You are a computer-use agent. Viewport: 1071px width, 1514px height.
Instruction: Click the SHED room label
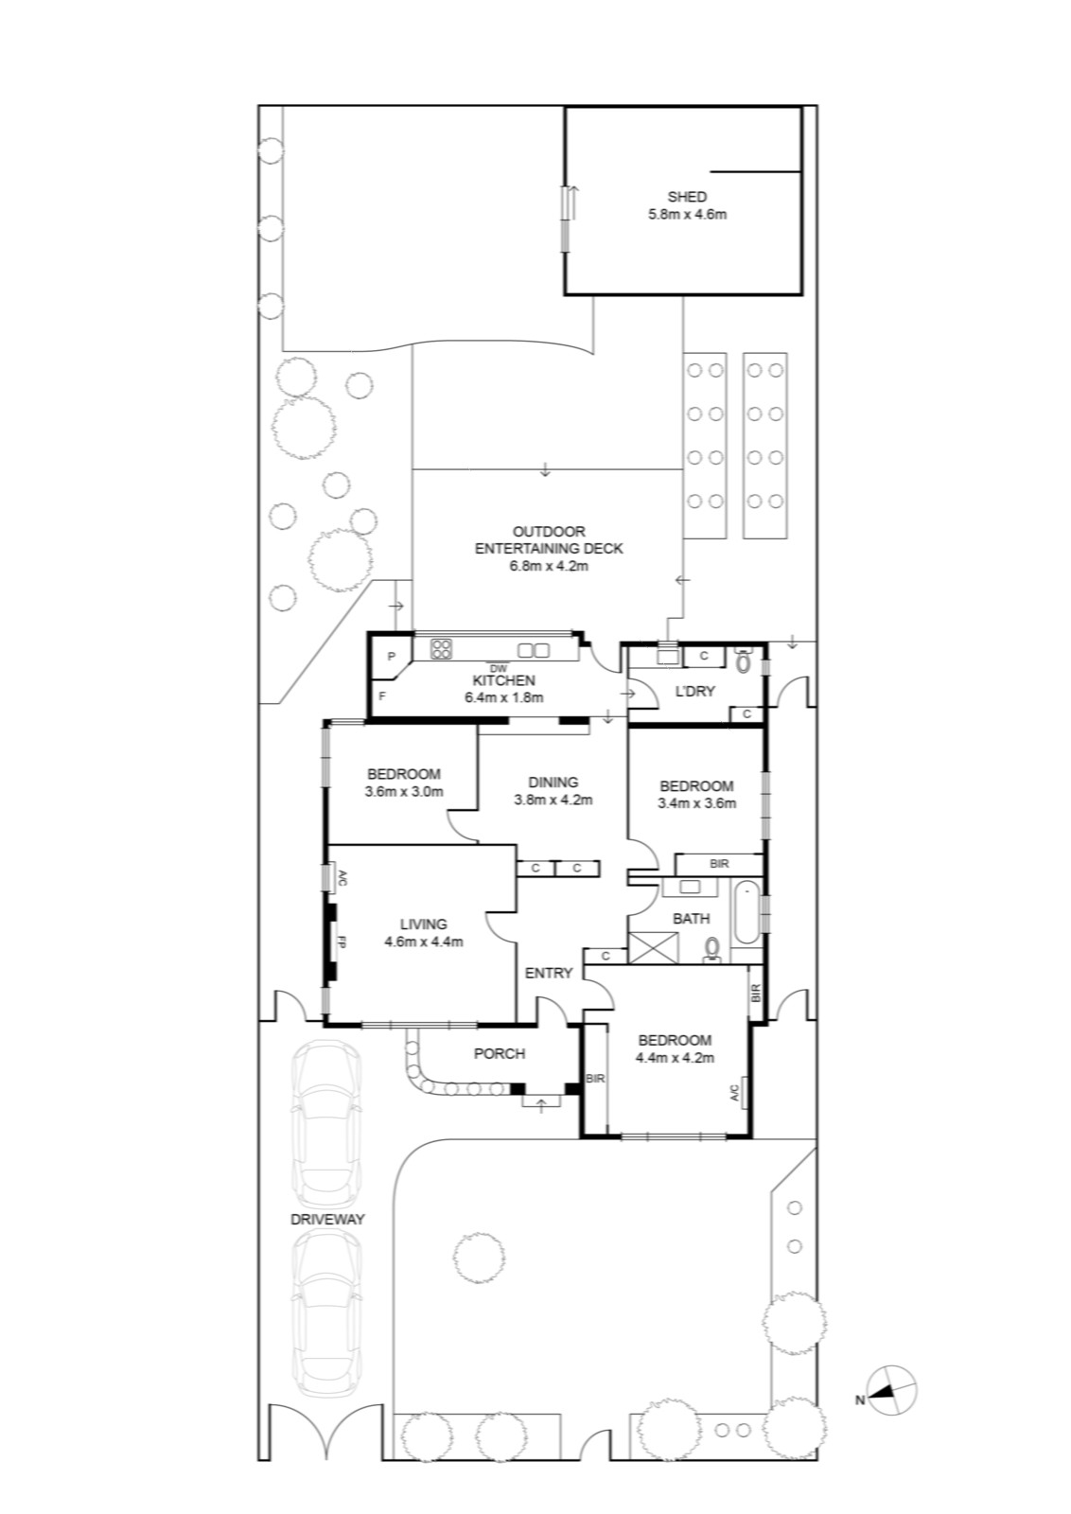click(687, 197)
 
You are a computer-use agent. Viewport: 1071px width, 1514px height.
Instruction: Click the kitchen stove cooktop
click(441, 649)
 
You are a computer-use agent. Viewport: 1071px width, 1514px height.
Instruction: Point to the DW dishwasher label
click(500, 668)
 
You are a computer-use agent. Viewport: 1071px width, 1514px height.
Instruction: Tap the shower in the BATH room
click(653, 948)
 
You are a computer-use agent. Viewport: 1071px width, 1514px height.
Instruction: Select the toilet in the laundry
click(744, 660)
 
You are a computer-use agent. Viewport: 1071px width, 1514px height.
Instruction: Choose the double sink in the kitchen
click(534, 650)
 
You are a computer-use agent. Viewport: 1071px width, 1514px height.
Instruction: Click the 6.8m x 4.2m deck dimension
click(549, 566)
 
